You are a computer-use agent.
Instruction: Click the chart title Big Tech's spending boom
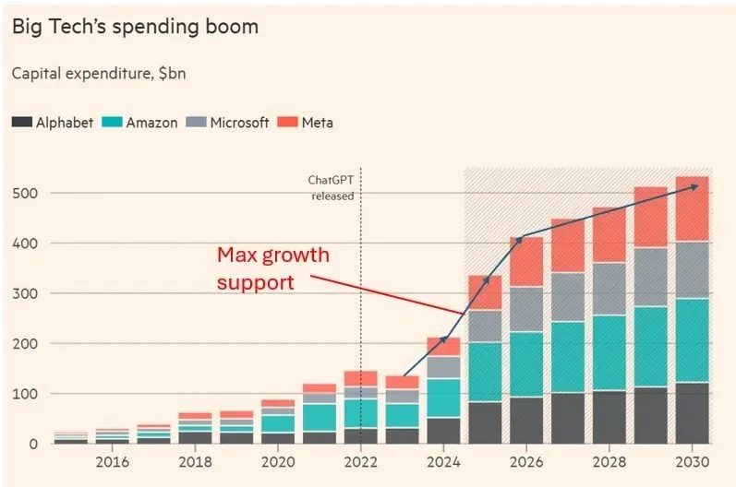click(135, 27)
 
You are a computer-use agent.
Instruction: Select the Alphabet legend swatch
click(22, 122)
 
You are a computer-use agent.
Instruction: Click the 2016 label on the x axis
click(112, 462)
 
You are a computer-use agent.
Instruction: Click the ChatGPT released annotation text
click(332, 188)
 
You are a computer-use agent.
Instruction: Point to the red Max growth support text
click(272, 267)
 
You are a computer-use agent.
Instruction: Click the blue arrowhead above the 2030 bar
click(694, 186)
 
